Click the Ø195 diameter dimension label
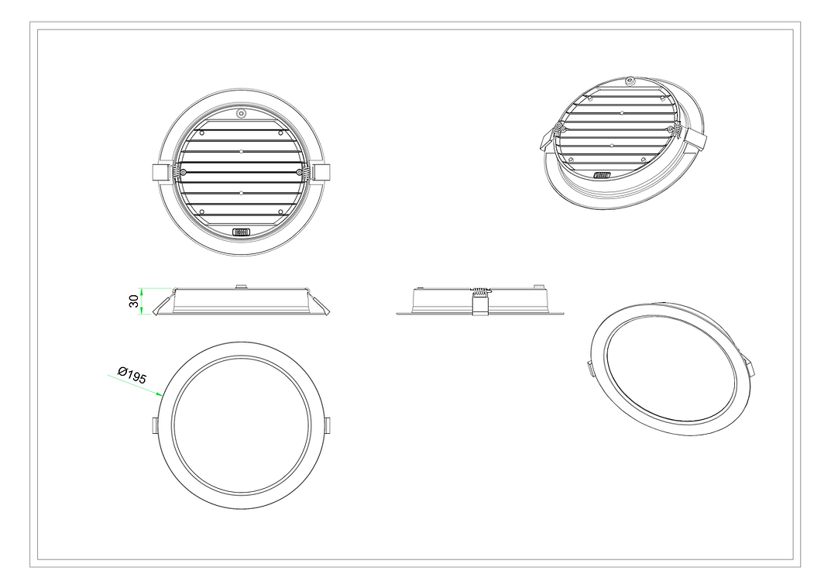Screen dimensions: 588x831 click(132, 375)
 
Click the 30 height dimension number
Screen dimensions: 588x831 click(133, 301)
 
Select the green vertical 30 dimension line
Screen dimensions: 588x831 click(142, 301)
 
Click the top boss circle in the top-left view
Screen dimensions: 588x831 click(242, 113)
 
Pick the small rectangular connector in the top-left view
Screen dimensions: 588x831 click(242, 231)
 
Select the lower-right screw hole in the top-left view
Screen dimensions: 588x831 click(280, 211)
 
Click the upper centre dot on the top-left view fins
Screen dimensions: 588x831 click(242, 151)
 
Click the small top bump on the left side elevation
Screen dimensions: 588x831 click(241, 287)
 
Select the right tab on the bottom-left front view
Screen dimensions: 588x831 click(328, 425)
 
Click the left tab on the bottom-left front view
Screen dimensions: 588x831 click(155, 425)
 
